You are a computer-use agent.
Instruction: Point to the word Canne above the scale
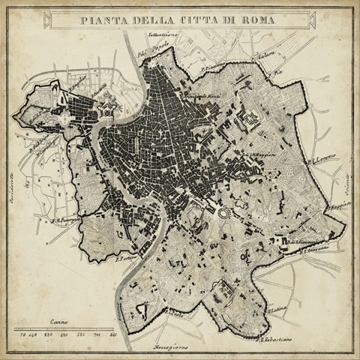click(x=60, y=320)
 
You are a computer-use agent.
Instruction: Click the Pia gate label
click(x=277, y=73)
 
